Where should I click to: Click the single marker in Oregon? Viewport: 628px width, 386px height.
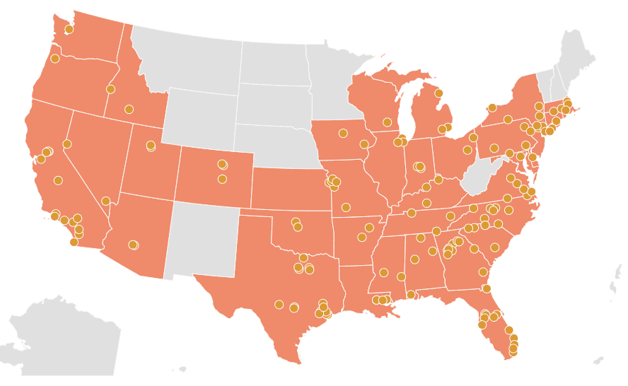tap(55, 59)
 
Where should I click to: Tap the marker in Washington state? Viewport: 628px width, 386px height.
tap(69, 30)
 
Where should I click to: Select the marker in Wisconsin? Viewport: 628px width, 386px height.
tap(387, 122)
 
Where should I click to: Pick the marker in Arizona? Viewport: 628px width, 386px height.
tap(132, 245)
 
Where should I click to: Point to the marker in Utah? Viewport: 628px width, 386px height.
tap(151, 146)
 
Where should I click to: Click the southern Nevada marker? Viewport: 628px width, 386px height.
tap(105, 201)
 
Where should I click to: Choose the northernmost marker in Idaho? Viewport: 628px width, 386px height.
tap(110, 89)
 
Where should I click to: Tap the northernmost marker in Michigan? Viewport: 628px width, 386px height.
tap(438, 93)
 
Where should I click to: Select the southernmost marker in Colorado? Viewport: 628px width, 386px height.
tap(222, 179)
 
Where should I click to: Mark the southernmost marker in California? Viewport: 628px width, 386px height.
tap(74, 242)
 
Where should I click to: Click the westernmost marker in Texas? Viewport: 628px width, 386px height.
tap(279, 305)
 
